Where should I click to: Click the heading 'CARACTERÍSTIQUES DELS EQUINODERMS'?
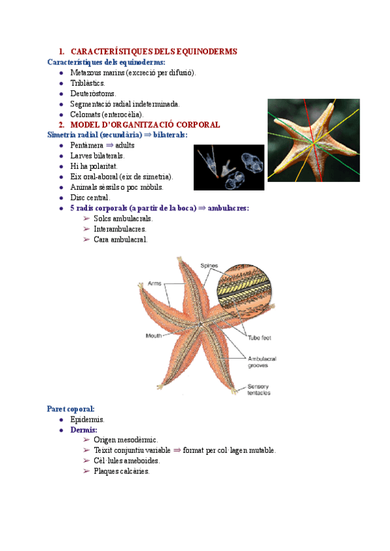coord(153,51)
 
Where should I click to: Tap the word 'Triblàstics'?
coord(88,83)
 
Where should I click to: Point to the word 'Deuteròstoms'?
coord(93,94)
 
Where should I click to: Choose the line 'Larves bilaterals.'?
coord(97,156)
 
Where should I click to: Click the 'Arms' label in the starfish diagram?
coord(155,283)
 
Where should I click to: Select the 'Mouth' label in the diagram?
coord(154,336)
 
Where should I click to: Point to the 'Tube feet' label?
coord(259,338)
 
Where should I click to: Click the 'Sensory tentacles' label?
coord(259,390)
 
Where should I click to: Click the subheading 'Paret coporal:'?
coord(71,409)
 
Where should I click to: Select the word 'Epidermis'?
coord(88,420)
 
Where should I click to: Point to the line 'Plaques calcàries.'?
coord(122,471)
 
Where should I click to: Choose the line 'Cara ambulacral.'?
coord(120,239)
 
